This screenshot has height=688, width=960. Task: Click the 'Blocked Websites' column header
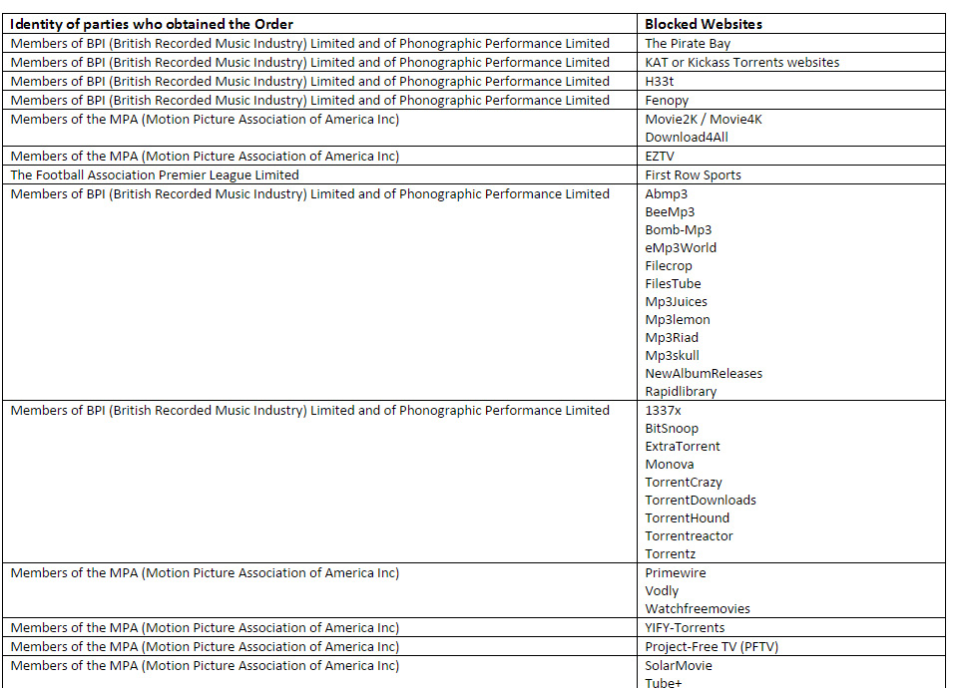(x=704, y=24)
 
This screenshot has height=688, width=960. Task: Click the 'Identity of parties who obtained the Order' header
(x=152, y=24)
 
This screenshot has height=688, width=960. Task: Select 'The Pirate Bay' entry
(x=688, y=44)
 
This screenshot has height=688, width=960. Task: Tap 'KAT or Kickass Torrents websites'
(x=741, y=63)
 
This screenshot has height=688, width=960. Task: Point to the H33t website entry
(x=660, y=82)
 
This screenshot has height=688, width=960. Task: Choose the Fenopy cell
(x=667, y=101)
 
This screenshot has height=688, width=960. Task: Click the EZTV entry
(x=661, y=157)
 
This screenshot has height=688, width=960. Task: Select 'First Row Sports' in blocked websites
(x=693, y=175)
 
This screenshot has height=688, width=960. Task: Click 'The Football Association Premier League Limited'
(x=155, y=175)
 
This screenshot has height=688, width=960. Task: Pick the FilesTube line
(x=673, y=284)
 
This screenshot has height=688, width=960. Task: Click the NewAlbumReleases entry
(x=704, y=374)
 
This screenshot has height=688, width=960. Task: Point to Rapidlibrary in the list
(x=681, y=392)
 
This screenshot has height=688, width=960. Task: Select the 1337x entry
(x=663, y=411)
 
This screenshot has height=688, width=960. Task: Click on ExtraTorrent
(x=683, y=447)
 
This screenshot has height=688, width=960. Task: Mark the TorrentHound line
(x=687, y=518)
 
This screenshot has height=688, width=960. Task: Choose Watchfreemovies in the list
(x=698, y=609)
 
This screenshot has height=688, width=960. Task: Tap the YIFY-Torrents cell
(x=685, y=628)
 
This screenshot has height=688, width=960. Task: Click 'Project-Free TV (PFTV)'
(x=712, y=647)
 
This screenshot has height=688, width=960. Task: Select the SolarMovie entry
(x=679, y=666)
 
